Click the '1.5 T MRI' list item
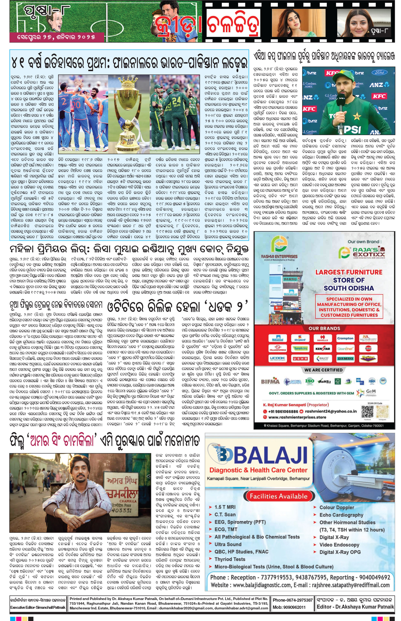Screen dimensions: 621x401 click(225, 507)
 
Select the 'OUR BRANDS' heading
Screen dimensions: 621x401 click(324, 328)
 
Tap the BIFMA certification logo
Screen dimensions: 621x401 click(270, 381)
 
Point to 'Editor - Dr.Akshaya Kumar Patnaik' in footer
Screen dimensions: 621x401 click(355, 607)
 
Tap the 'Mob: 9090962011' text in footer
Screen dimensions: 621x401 click(289, 607)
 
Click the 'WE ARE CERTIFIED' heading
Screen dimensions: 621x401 click(323, 370)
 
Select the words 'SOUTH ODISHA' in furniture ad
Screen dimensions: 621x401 click(349, 288)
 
